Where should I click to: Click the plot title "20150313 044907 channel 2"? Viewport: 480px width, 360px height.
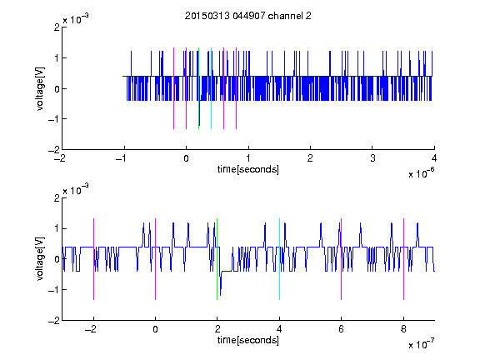(248, 16)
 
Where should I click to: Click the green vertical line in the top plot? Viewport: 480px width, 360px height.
(198, 88)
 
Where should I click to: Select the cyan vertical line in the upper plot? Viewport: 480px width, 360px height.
(211, 88)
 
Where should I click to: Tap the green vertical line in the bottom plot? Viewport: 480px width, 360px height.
(217, 259)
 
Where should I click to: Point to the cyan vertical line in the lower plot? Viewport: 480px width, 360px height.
(279, 259)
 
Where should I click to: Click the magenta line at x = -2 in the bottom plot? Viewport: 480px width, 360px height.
(93, 259)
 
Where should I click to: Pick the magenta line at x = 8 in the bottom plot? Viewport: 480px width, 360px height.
(404, 259)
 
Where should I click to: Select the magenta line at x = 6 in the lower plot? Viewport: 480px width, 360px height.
(342, 259)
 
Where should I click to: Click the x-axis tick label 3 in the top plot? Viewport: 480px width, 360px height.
(372, 158)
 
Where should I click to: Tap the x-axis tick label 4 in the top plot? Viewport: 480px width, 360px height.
(434, 158)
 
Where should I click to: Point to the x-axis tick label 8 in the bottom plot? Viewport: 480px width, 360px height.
(403, 329)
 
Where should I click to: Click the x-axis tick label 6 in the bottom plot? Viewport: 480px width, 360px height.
(342, 329)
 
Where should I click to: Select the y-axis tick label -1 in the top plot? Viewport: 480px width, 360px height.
(53, 119)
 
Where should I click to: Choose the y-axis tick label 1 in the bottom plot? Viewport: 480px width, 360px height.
(57, 228)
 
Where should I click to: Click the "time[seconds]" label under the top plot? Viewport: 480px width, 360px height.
(248, 169)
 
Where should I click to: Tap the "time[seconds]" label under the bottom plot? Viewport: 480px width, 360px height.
(248, 340)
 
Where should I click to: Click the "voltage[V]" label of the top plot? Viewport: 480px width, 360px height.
(40, 88)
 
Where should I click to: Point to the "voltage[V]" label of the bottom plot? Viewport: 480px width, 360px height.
(40, 259)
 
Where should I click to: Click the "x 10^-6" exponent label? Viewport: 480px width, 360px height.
(421, 173)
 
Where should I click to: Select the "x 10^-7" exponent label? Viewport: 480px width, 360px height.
(421, 344)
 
